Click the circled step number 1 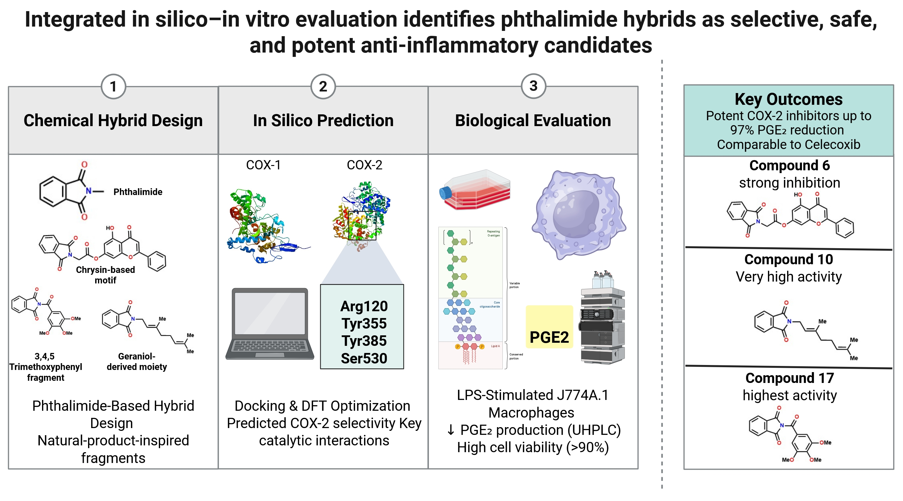tap(113, 87)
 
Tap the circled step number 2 tap(323, 87)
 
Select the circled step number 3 tap(533, 86)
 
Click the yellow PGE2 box tap(549, 327)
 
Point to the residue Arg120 tap(364, 306)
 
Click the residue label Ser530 tap(364, 358)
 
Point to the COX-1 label tap(263, 165)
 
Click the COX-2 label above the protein tap(364, 165)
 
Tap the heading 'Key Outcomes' tap(788, 100)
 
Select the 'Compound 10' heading tap(788, 259)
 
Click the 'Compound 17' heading tap(789, 378)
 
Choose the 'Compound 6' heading tap(789, 165)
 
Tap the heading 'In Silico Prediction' tap(323, 121)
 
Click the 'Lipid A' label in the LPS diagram tap(495, 346)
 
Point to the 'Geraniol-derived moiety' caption tap(137, 362)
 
